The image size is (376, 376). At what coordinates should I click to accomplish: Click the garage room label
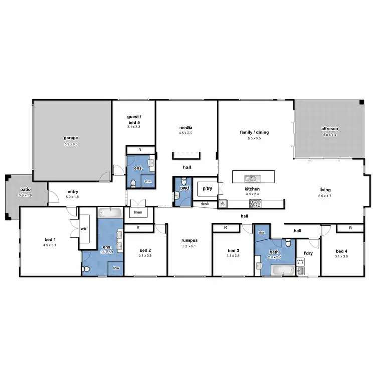point(71,138)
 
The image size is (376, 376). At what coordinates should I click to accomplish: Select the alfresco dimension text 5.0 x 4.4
point(329,135)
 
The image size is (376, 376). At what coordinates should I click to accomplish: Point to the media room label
point(186,127)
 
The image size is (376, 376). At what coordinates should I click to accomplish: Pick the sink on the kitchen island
point(250,178)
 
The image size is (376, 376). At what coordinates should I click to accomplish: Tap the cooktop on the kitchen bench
point(255,203)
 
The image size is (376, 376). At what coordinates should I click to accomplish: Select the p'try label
point(206,189)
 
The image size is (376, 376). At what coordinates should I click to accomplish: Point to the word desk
point(205,204)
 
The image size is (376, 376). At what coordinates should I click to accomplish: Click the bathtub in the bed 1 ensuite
point(110,213)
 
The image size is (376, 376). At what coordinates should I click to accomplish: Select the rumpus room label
point(190,240)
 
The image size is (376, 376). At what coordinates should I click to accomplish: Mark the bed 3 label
point(233,250)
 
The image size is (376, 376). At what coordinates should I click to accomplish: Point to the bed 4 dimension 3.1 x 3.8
point(341,256)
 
